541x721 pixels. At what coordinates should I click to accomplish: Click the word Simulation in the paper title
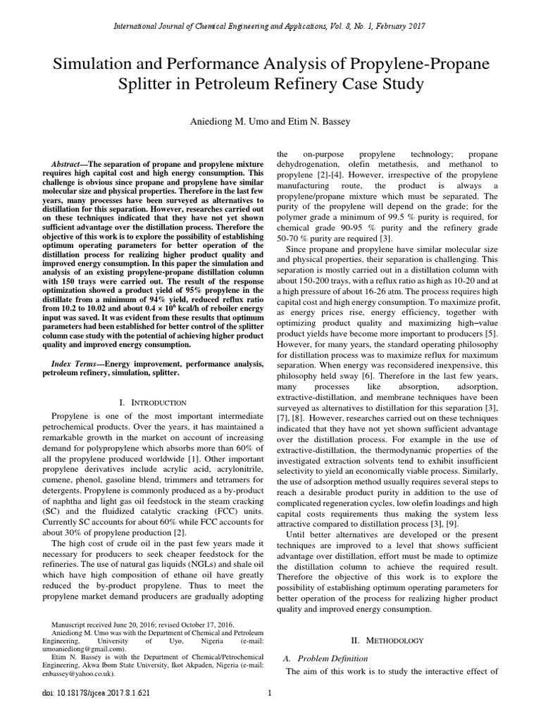click(x=94, y=63)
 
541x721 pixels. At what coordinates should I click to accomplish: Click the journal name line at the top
click(x=270, y=26)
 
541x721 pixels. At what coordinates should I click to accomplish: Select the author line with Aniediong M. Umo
click(x=270, y=122)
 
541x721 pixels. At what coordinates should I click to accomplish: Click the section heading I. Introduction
click(x=153, y=402)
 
